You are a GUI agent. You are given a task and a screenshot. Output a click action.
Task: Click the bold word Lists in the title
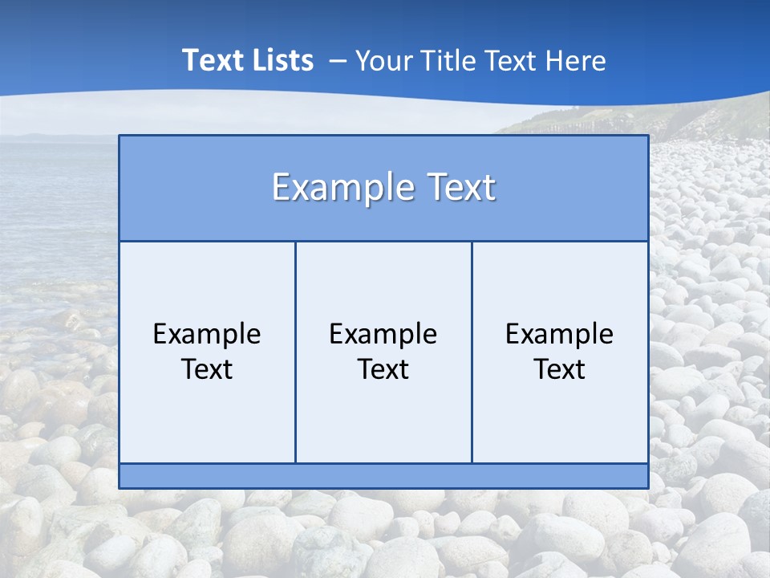tap(282, 60)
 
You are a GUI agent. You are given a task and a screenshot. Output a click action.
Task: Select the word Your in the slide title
tap(380, 60)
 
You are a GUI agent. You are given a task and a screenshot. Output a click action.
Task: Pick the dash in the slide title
tap(337, 61)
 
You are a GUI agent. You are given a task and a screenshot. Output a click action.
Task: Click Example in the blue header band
tap(338, 188)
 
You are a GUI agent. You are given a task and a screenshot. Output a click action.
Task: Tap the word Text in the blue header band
tap(456, 188)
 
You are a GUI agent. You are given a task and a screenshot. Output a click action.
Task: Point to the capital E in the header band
tap(281, 188)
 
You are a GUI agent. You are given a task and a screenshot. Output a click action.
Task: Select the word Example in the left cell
tap(207, 334)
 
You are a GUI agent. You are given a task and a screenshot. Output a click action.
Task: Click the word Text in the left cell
tap(207, 369)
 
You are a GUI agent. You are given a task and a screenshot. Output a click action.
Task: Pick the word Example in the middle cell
tap(383, 334)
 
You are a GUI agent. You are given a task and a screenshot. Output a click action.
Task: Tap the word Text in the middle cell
tap(383, 369)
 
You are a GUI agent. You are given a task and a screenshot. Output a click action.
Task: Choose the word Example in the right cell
tap(560, 334)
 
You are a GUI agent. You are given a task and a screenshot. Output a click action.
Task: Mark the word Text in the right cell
tap(560, 369)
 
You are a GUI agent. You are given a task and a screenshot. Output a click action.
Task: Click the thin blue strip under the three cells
tap(383, 476)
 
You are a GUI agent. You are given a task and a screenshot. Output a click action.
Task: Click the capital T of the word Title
tap(423, 60)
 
